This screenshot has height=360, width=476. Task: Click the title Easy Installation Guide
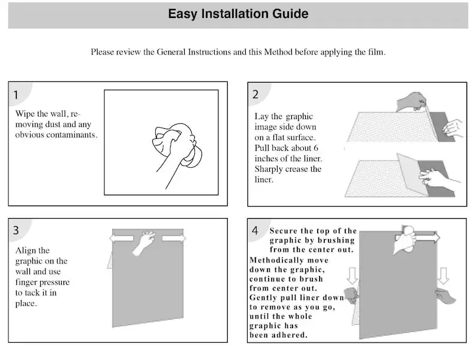pyautogui.click(x=238, y=14)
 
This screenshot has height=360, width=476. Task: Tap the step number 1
pyautogui.click(x=16, y=95)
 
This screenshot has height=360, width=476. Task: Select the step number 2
pyautogui.click(x=255, y=94)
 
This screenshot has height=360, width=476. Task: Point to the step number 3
pyautogui.click(x=16, y=230)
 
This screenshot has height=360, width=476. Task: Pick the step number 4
pyautogui.click(x=255, y=230)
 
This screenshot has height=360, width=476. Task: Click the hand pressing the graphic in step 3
pyautogui.click(x=144, y=242)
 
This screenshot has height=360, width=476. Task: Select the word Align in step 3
pyautogui.click(x=26, y=250)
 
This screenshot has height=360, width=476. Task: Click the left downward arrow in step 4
pyautogui.click(x=352, y=274)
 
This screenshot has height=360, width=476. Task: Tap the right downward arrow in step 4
pyautogui.click(x=443, y=274)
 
